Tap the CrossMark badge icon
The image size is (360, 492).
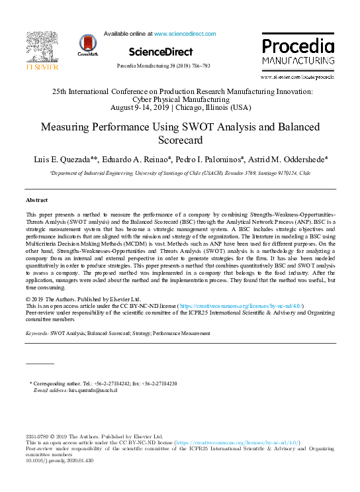pyautogui.click(x=88, y=44)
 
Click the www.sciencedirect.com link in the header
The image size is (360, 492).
pyautogui.click(x=185, y=33)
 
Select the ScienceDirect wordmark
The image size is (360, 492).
pyautogui.click(x=161, y=52)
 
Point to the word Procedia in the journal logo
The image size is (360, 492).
pyautogui.click(x=297, y=46)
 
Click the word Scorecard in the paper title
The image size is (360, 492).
pyautogui.click(x=180, y=140)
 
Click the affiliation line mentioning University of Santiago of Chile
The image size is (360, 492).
pyautogui.click(x=180, y=172)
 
